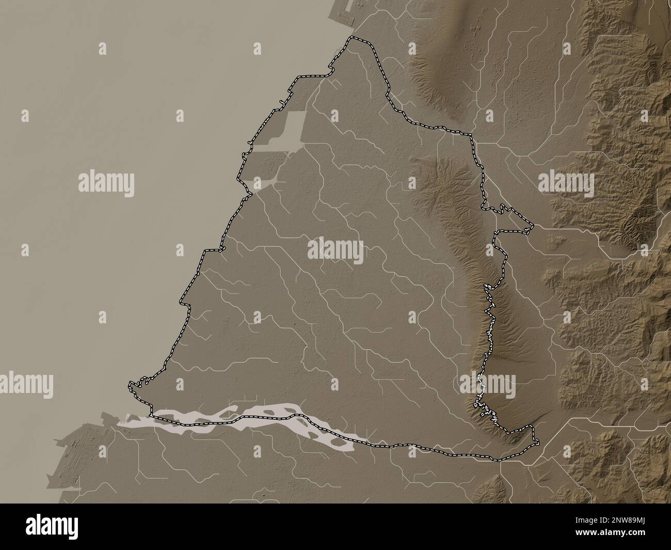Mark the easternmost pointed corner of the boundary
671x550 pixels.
[532, 225]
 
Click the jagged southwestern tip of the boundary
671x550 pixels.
[130, 385]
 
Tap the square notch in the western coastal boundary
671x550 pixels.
[212, 250]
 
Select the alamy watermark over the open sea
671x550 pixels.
[106, 182]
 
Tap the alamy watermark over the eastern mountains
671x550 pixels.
[566, 182]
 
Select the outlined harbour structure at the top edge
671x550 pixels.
[341, 15]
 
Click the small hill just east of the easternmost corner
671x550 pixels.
[556, 239]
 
